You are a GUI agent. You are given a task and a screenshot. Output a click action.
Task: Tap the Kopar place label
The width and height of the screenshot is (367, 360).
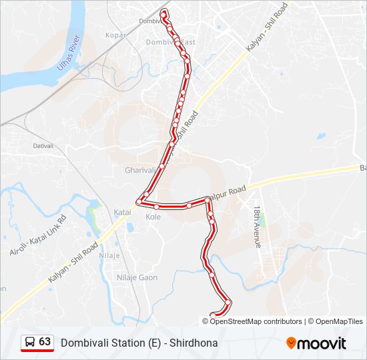(x=116, y=34)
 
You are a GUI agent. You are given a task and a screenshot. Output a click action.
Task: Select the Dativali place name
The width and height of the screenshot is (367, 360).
(x=42, y=145)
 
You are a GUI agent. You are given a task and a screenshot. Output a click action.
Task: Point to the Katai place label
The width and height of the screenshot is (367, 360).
(x=122, y=212)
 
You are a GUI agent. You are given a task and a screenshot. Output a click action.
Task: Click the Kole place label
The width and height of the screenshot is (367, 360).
(x=153, y=217)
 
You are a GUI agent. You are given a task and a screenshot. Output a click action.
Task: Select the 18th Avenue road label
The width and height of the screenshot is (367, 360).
(x=257, y=227)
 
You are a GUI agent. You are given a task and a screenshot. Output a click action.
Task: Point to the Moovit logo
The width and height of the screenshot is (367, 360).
(x=316, y=343)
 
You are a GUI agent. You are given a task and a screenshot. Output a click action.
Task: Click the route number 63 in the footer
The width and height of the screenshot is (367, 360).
(x=45, y=342)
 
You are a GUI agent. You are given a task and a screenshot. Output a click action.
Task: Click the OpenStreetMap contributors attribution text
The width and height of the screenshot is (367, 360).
(x=256, y=321)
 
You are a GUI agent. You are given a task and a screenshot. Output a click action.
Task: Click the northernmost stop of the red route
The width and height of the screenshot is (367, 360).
(x=163, y=11)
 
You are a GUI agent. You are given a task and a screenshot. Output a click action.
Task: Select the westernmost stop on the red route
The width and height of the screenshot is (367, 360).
(x=139, y=201)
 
